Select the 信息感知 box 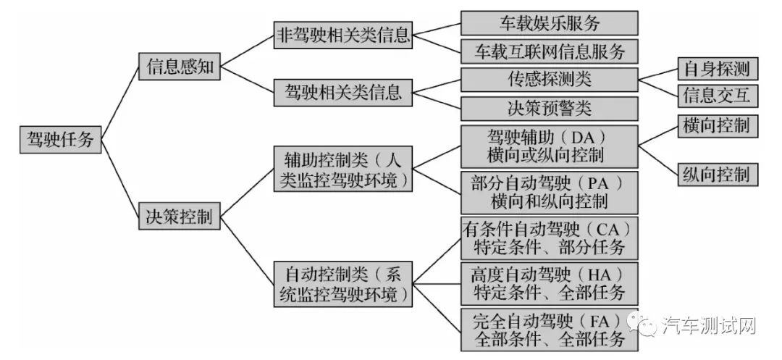180,67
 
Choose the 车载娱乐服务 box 549,22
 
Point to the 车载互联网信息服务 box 549,51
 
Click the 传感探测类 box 549,79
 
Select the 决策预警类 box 549,109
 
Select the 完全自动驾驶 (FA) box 549,329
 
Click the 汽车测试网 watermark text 709,327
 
